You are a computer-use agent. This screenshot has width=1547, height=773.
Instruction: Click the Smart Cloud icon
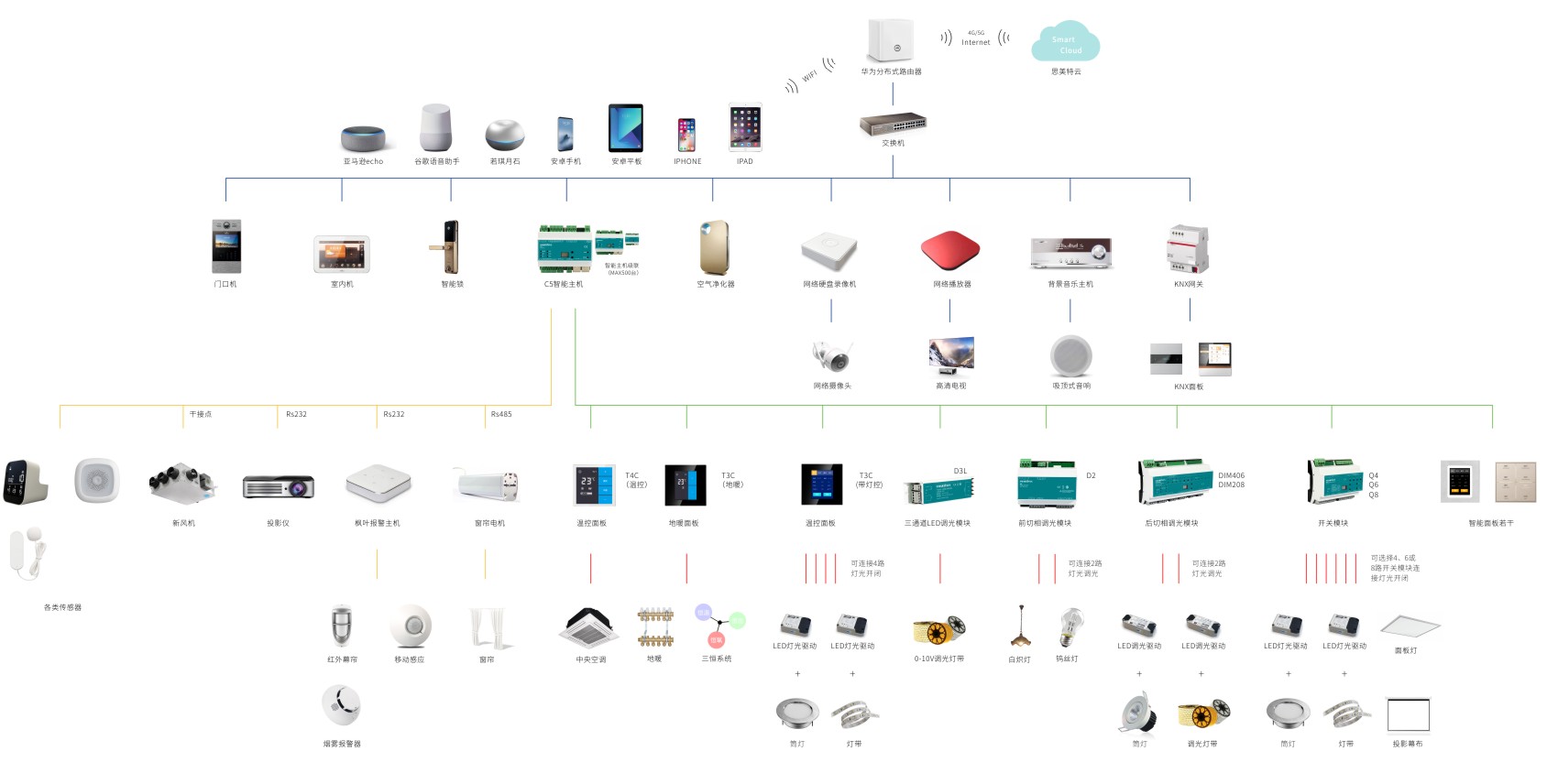pos(1065,43)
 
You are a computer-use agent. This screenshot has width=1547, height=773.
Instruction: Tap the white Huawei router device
pos(891,41)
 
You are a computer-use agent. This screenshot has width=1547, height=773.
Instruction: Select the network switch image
pos(893,124)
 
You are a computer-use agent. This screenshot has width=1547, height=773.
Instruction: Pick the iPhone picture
pos(686,135)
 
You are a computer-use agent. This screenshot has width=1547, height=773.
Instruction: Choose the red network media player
pos(950,249)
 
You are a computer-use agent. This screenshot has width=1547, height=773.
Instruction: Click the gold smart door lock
pos(449,246)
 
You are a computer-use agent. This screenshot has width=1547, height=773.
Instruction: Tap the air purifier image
pos(714,247)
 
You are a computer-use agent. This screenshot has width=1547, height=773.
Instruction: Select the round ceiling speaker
pos(1070,356)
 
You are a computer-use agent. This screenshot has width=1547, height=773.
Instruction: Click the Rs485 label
pos(501,414)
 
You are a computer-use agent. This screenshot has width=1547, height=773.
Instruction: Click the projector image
pos(279,486)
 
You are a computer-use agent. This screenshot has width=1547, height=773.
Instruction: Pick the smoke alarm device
pos(341,705)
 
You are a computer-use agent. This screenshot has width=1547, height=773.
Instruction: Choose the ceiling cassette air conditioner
pos(590,626)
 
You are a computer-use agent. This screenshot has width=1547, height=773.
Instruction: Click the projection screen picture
pos(1408,714)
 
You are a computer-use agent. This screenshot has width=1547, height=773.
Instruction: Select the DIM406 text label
pos(1231,475)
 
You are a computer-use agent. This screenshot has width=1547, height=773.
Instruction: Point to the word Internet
pos(975,42)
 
